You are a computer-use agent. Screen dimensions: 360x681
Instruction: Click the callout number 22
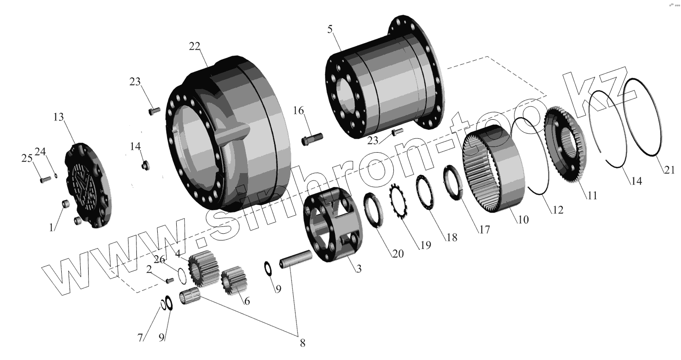(x=195, y=46)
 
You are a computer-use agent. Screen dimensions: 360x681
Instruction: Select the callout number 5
(x=330, y=29)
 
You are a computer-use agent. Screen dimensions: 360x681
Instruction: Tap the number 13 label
(x=58, y=117)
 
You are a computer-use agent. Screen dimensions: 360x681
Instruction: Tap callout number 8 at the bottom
(x=302, y=343)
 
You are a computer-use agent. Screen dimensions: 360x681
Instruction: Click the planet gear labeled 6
(x=234, y=283)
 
